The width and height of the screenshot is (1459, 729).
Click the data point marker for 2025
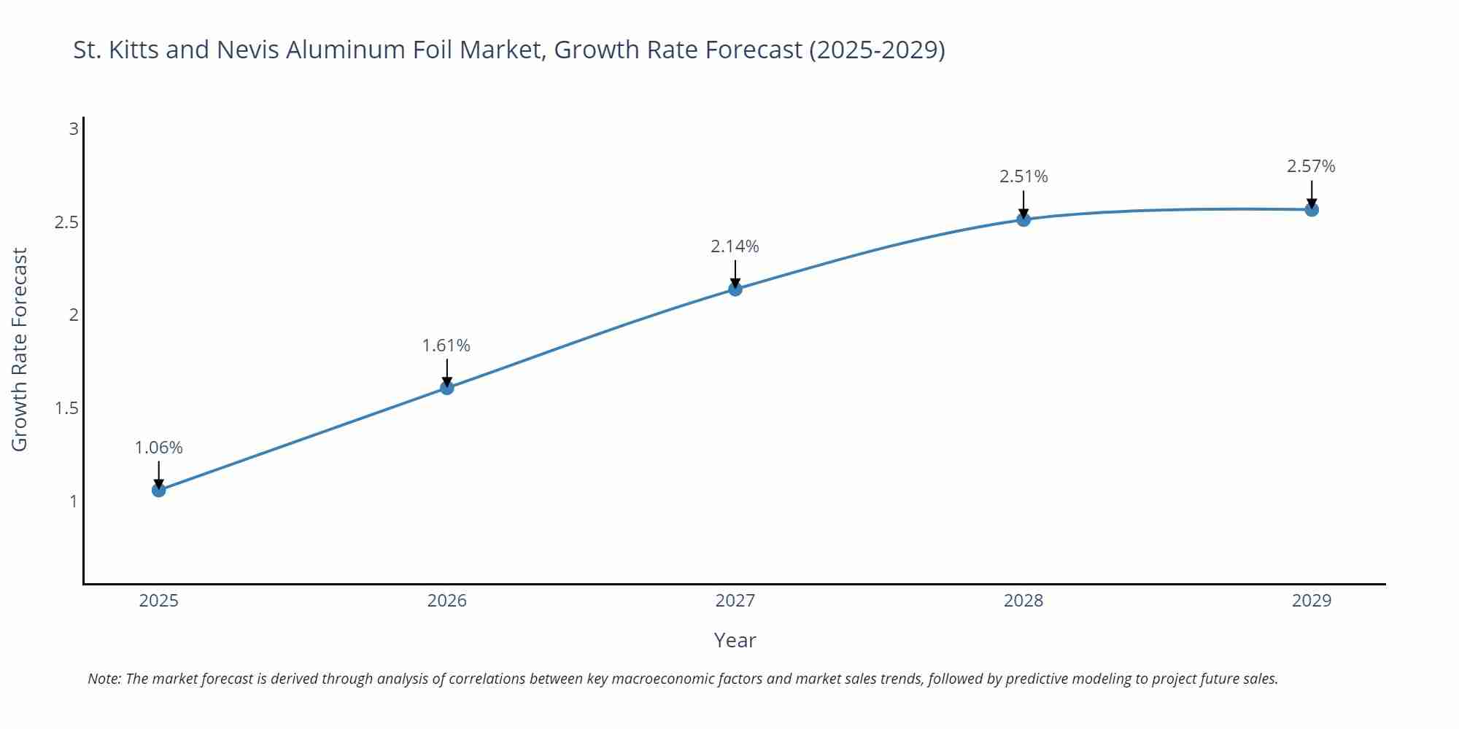(158, 490)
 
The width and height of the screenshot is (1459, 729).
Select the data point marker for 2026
(447, 388)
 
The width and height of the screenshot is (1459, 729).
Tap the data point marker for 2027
(735, 289)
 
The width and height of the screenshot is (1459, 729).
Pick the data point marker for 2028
(1023, 219)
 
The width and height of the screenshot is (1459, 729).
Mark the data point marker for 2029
(1312, 210)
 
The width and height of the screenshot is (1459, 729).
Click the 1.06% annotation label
(158, 448)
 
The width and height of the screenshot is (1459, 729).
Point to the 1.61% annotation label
(446, 346)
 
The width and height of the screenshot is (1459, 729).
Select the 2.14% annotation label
(735, 246)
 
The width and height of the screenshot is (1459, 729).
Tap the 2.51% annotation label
(1023, 176)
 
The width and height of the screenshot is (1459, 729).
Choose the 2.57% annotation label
(1311, 166)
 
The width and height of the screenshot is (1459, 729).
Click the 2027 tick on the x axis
(735, 601)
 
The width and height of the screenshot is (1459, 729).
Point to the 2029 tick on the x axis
(1312, 601)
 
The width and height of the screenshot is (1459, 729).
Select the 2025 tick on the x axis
(158, 601)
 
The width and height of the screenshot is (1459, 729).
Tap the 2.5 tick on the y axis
(66, 222)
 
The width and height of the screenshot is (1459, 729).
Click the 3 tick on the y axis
(73, 129)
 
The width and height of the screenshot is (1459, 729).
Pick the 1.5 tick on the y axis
(66, 408)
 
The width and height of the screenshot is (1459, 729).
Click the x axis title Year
(735, 640)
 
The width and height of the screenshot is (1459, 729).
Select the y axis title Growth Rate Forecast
(20, 349)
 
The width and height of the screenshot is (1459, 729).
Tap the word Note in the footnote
(104, 679)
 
